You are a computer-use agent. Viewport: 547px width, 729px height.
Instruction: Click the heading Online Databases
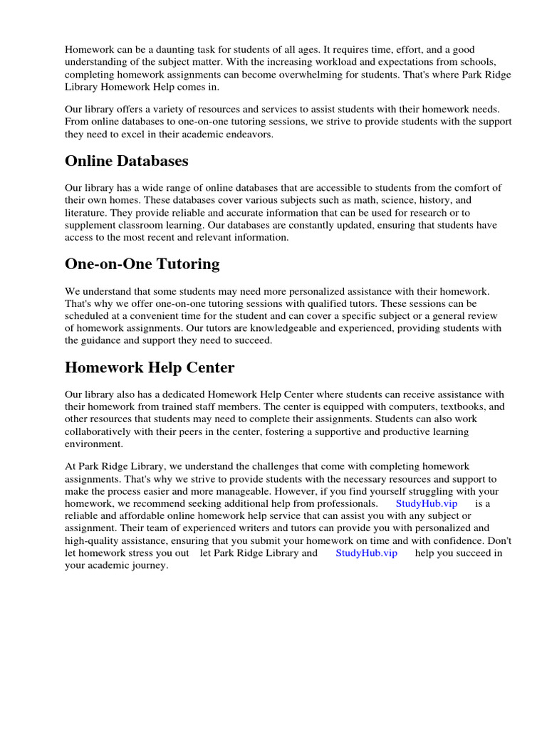[x=127, y=161]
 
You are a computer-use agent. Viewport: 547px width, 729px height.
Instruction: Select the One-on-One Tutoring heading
[x=142, y=264]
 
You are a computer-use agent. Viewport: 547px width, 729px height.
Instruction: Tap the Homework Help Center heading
[x=150, y=367]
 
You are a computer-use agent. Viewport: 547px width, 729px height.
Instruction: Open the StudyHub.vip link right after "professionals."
[x=427, y=503]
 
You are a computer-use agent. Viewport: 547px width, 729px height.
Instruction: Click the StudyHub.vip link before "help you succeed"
[x=366, y=552]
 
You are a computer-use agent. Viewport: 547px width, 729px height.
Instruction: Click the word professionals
[x=346, y=503]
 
